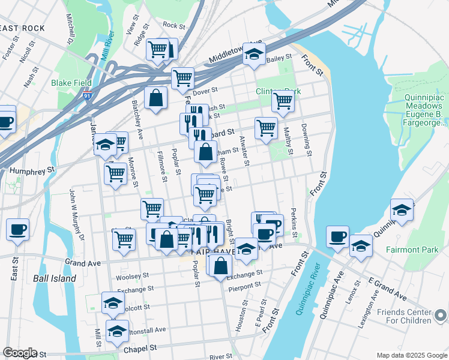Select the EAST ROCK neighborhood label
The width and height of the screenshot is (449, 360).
[x=22, y=28]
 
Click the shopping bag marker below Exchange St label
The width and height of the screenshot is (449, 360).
[x=220, y=265]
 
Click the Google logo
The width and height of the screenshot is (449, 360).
[x=20, y=353]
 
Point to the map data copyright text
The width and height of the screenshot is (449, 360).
[x=411, y=355]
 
